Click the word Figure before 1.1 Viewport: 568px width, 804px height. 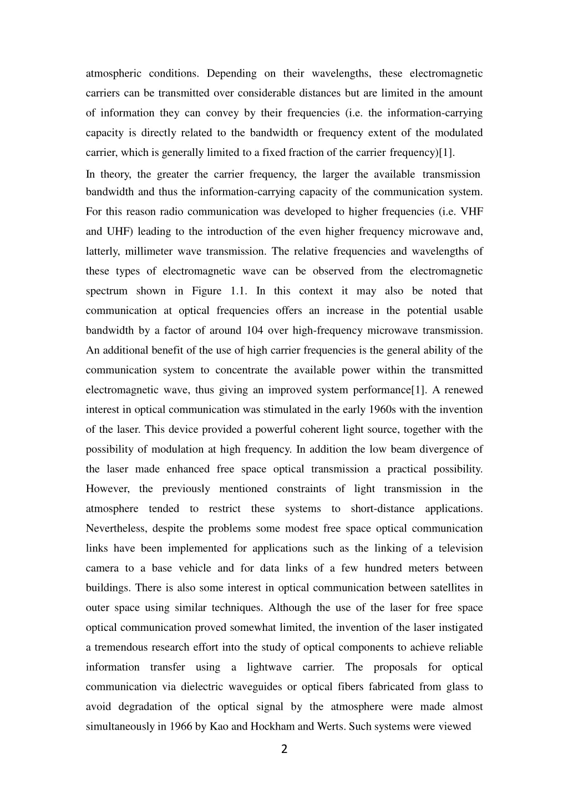coord(207,291)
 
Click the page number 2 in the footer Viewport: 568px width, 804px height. coord(284,750)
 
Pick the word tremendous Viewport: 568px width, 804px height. coord(121,647)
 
